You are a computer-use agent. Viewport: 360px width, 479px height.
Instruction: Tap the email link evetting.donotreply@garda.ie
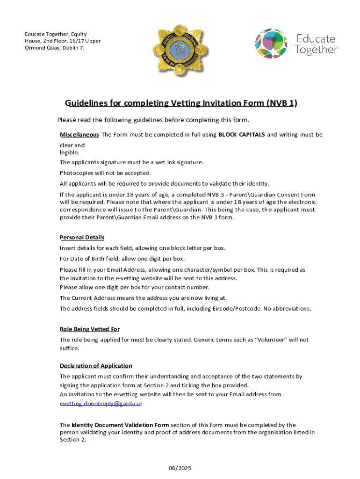(101, 403)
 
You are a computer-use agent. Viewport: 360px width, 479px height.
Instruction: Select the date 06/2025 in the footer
(180, 468)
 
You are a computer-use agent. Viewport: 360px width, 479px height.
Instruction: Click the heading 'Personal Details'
(82, 237)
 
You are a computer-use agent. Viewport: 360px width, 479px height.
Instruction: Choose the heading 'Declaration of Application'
(96, 365)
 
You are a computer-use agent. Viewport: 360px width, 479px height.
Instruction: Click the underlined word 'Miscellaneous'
(79, 135)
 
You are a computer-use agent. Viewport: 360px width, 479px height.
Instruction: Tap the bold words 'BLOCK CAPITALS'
(242, 135)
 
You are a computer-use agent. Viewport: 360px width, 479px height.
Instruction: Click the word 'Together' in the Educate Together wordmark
(317, 50)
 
